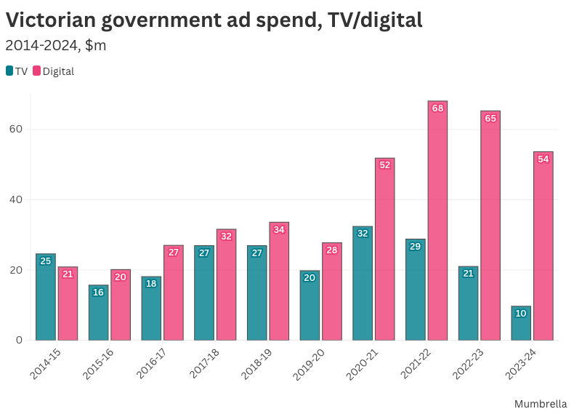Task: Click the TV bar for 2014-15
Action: point(46,297)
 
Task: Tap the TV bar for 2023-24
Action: point(521,323)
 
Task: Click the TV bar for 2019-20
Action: point(310,306)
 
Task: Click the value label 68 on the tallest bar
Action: point(437,108)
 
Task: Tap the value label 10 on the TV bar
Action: point(521,314)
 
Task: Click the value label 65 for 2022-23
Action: point(490,119)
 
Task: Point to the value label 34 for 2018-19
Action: point(279,230)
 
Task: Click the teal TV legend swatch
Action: point(9,71)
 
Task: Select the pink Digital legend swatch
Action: point(37,71)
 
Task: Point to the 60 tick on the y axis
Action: point(15,130)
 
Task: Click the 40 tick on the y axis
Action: point(15,200)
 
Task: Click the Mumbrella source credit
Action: point(541,403)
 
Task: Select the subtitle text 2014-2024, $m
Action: point(55,45)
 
